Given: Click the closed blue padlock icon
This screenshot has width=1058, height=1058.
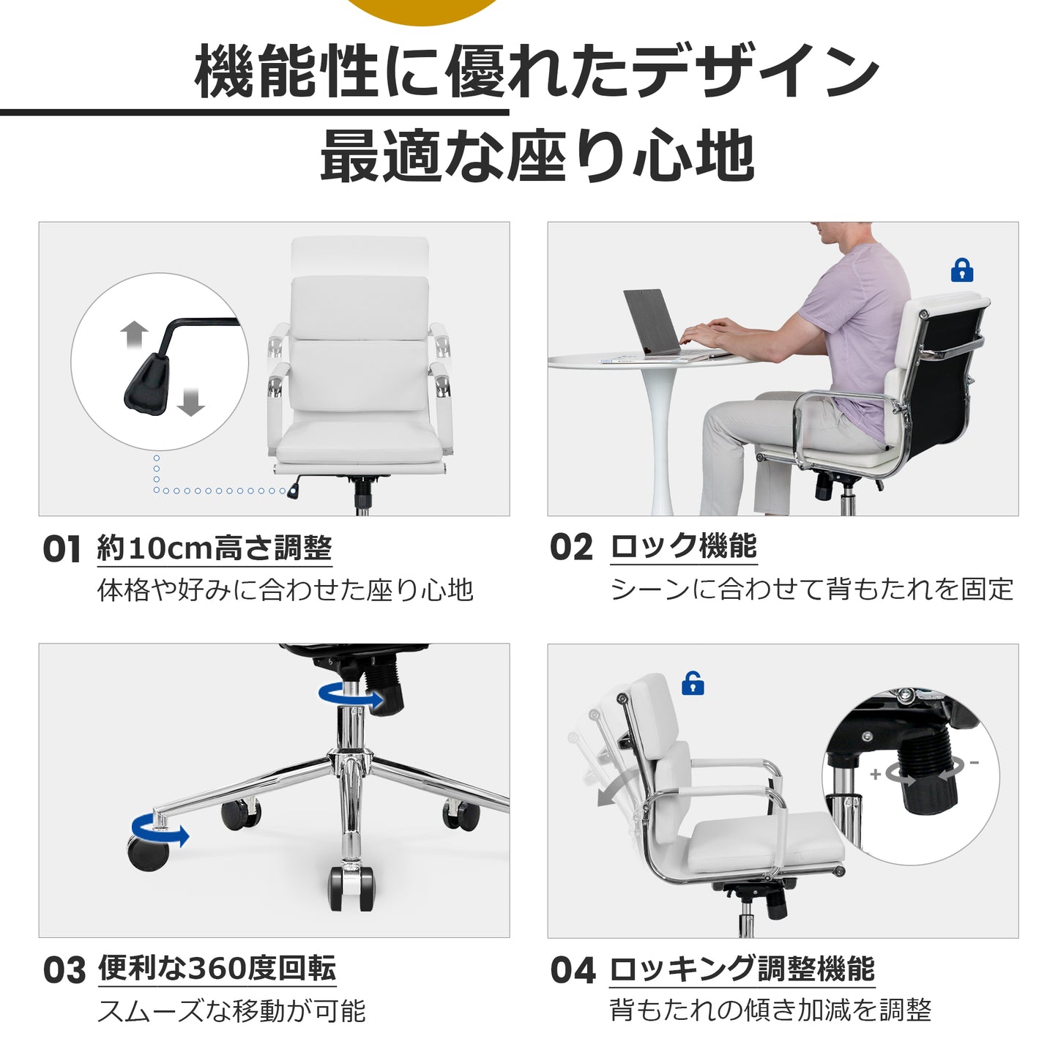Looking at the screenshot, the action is tap(961, 270).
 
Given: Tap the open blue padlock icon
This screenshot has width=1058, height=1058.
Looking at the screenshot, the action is tap(693, 683).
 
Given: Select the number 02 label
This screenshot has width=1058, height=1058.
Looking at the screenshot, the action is tap(571, 547).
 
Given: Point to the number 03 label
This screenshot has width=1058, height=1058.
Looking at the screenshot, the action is tap(64, 970).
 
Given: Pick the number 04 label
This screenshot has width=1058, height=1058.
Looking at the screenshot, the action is tap(573, 970).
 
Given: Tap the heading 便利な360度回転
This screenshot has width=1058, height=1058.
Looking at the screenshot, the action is tap(217, 968).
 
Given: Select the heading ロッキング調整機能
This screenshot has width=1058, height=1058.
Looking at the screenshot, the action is tap(742, 969).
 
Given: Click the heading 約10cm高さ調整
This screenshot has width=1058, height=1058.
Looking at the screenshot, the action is tap(215, 548).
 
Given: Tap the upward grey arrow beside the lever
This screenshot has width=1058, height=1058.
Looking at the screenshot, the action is tap(135, 335).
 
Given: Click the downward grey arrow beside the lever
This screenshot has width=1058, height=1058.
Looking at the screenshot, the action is tap(190, 401).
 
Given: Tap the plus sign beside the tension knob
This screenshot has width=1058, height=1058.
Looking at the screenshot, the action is tap(875, 774).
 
